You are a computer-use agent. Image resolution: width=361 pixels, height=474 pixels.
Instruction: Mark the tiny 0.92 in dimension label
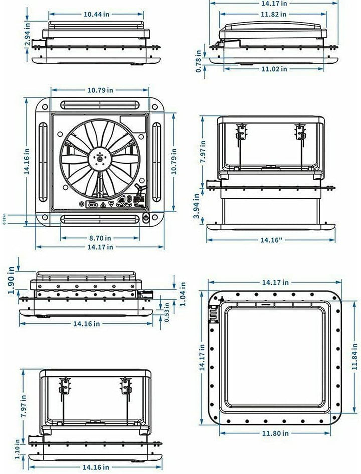[5, 220]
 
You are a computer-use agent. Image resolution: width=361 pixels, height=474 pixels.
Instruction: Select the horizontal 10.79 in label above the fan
[100, 90]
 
